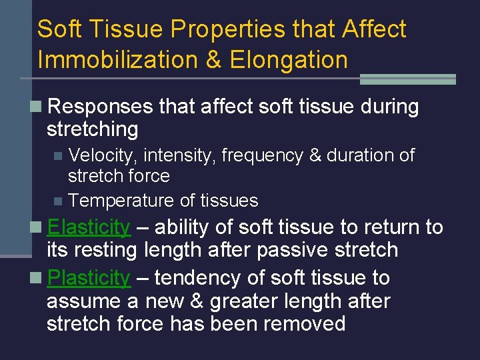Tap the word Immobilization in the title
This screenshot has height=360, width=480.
point(117,60)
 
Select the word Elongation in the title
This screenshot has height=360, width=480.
point(289,60)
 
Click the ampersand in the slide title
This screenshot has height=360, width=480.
point(213,60)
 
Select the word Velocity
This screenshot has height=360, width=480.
point(103,156)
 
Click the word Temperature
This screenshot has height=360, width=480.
point(121,201)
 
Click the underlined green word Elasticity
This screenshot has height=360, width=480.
point(89,227)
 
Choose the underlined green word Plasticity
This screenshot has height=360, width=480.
point(89,277)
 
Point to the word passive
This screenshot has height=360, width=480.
point(285,251)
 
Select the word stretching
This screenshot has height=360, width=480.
point(92,129)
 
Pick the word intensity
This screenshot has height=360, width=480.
point(179,156)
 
